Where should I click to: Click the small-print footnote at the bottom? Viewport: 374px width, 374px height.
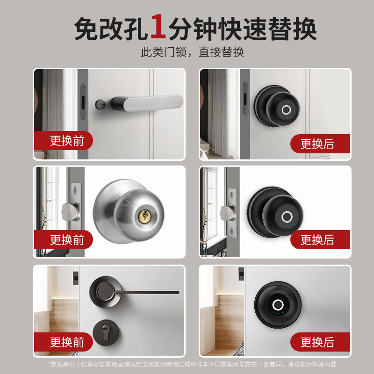point(192,364)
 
